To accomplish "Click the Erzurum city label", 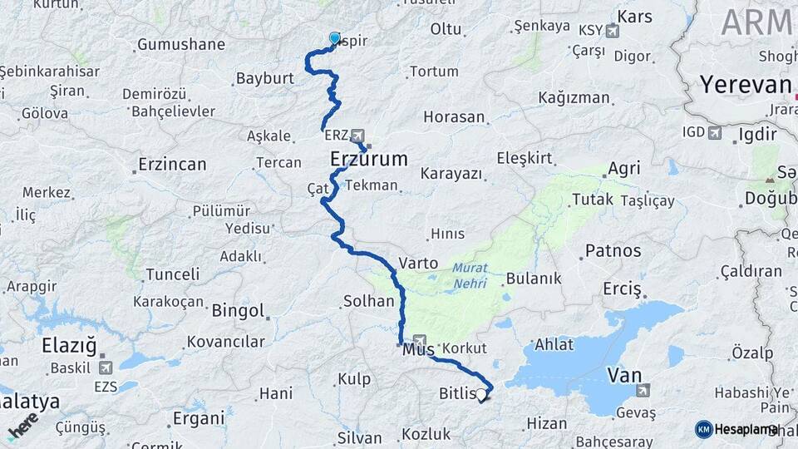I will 369,158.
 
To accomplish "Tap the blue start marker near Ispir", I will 335,38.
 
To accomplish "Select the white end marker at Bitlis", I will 481,394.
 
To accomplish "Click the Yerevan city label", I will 745,85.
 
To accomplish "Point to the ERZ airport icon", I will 358,135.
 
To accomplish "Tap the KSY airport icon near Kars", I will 613,32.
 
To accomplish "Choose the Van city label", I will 624,375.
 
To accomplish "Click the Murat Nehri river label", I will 470,276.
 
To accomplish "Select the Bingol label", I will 238,311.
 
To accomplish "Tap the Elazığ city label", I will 70,345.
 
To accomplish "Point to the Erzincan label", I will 172,164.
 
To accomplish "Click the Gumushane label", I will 181,44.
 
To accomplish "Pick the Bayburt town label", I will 265,78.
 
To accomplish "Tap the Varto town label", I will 418,263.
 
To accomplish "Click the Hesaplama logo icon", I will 704,429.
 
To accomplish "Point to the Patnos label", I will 613,250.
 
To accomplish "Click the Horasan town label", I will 453,116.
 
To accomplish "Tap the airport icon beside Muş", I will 421,341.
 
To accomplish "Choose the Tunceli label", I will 172,274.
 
